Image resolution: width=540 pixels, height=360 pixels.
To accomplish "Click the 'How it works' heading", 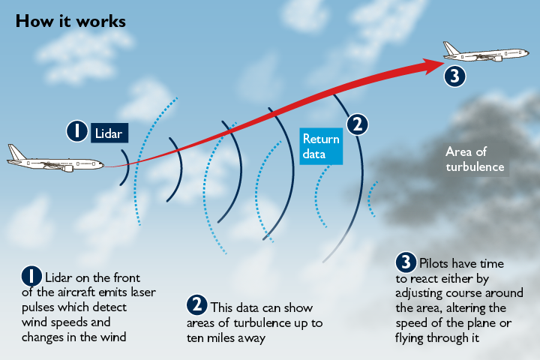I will click(x=70, y=20).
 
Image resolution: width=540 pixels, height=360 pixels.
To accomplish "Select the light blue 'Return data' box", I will click(x=321, y=146).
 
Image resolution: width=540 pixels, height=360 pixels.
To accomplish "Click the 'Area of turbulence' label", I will click(x=474, y=159).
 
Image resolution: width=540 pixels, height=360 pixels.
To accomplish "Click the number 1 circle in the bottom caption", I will click(x=31, y=275).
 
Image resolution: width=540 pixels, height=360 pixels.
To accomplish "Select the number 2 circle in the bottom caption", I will click(x=196, y=305).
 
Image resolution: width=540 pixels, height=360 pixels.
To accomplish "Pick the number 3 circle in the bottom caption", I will click(x=406, y=262).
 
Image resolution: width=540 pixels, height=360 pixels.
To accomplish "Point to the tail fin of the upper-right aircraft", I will click(x=451, y=49).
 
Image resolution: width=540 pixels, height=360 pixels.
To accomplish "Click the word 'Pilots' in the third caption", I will click(x=436, y=264).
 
